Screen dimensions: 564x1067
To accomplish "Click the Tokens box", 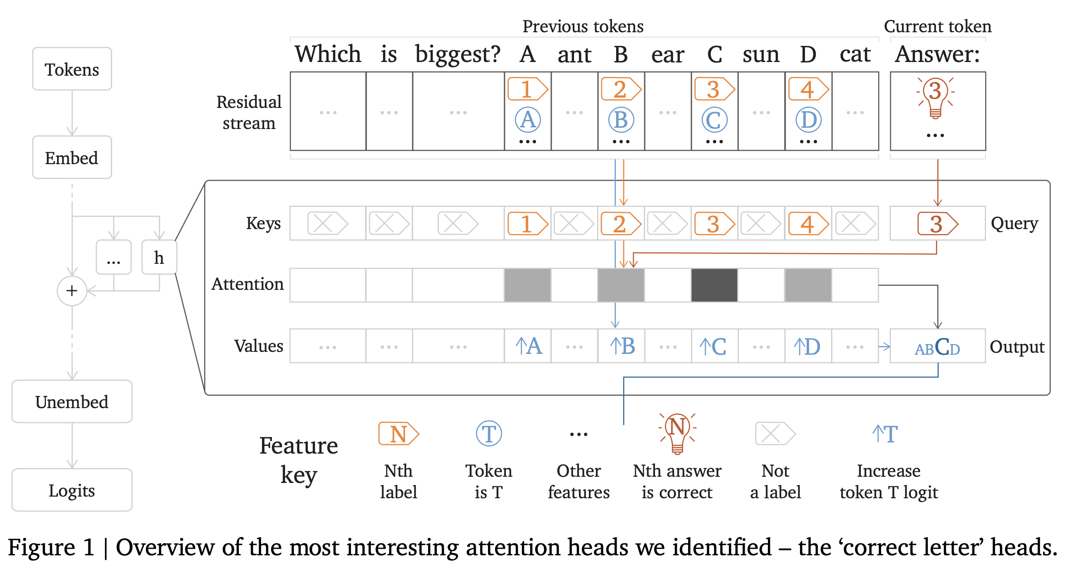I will (x=71, y=69).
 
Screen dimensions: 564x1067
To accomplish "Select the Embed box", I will (x=71, y=158).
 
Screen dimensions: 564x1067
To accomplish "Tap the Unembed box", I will (x=71, y=401).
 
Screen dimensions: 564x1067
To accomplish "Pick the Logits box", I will (x=71, y=490).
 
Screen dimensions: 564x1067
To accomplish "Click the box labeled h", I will (x=159, y=257).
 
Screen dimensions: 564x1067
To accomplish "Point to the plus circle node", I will (x=71, y=291).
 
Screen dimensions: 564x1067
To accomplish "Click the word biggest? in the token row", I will (x=458, y=54).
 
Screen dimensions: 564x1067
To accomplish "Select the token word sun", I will (x=761, y=54).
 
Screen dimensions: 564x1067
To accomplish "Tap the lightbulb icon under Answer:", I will (x=935, y=98).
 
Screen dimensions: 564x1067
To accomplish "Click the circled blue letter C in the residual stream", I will (x=715, y=120).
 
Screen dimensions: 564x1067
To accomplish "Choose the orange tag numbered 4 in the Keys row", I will (x=808, y=224).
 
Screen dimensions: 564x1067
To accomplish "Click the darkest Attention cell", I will (x=715, y=285).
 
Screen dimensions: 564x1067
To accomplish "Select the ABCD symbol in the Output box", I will (x=937, y=347).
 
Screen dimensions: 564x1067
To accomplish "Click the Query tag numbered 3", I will (x=937, y=224).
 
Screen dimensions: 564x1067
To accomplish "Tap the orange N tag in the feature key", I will (x=398, y=433).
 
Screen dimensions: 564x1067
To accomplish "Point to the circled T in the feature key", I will (x=489, y=433).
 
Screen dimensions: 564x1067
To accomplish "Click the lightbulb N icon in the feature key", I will (x=677, y=432).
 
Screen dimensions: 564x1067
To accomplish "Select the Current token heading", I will (x=937, y=26).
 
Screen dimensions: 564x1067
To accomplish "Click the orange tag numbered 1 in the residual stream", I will (x=528, y=89).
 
